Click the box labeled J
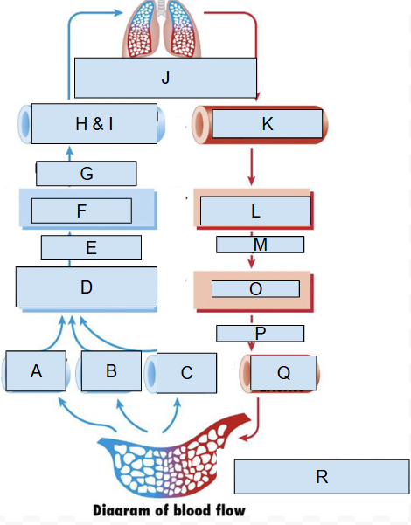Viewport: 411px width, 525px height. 165,78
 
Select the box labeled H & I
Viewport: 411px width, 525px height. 94,124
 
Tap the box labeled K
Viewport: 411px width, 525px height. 267,124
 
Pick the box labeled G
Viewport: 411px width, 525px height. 86,174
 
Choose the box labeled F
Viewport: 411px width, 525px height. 81,211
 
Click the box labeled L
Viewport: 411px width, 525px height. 255,211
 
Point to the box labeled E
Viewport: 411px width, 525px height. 91,248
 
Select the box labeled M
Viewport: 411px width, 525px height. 260,245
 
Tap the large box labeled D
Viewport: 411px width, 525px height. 86,287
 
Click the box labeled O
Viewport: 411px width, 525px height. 255,288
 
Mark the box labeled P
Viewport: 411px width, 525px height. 260,333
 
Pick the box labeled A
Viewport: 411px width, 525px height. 36,371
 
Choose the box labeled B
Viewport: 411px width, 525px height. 111,371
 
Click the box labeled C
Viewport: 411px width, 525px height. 186,373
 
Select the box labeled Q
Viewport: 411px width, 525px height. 283,372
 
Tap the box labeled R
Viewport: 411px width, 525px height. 321,476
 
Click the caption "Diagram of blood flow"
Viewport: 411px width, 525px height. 170,510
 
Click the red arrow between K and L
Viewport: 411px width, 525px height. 252,166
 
